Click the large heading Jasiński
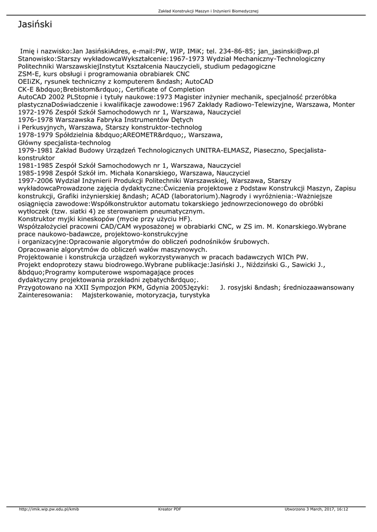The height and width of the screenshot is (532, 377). [x=35, y=24]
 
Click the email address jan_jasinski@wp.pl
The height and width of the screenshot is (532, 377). [x=289, y=52]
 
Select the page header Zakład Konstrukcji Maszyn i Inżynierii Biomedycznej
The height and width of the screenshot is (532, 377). [x=208, y=10]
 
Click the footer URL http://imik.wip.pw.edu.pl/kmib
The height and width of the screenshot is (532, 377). [x=49, y=509]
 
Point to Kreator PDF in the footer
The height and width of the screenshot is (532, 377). [x=170, y=509]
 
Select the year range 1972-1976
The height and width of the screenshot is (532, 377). [x=35, y=112]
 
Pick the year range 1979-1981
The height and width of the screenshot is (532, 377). [x=35, y=150]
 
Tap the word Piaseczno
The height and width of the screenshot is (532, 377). [x=270, y=150]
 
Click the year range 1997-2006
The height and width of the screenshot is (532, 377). [x=35, y=180]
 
